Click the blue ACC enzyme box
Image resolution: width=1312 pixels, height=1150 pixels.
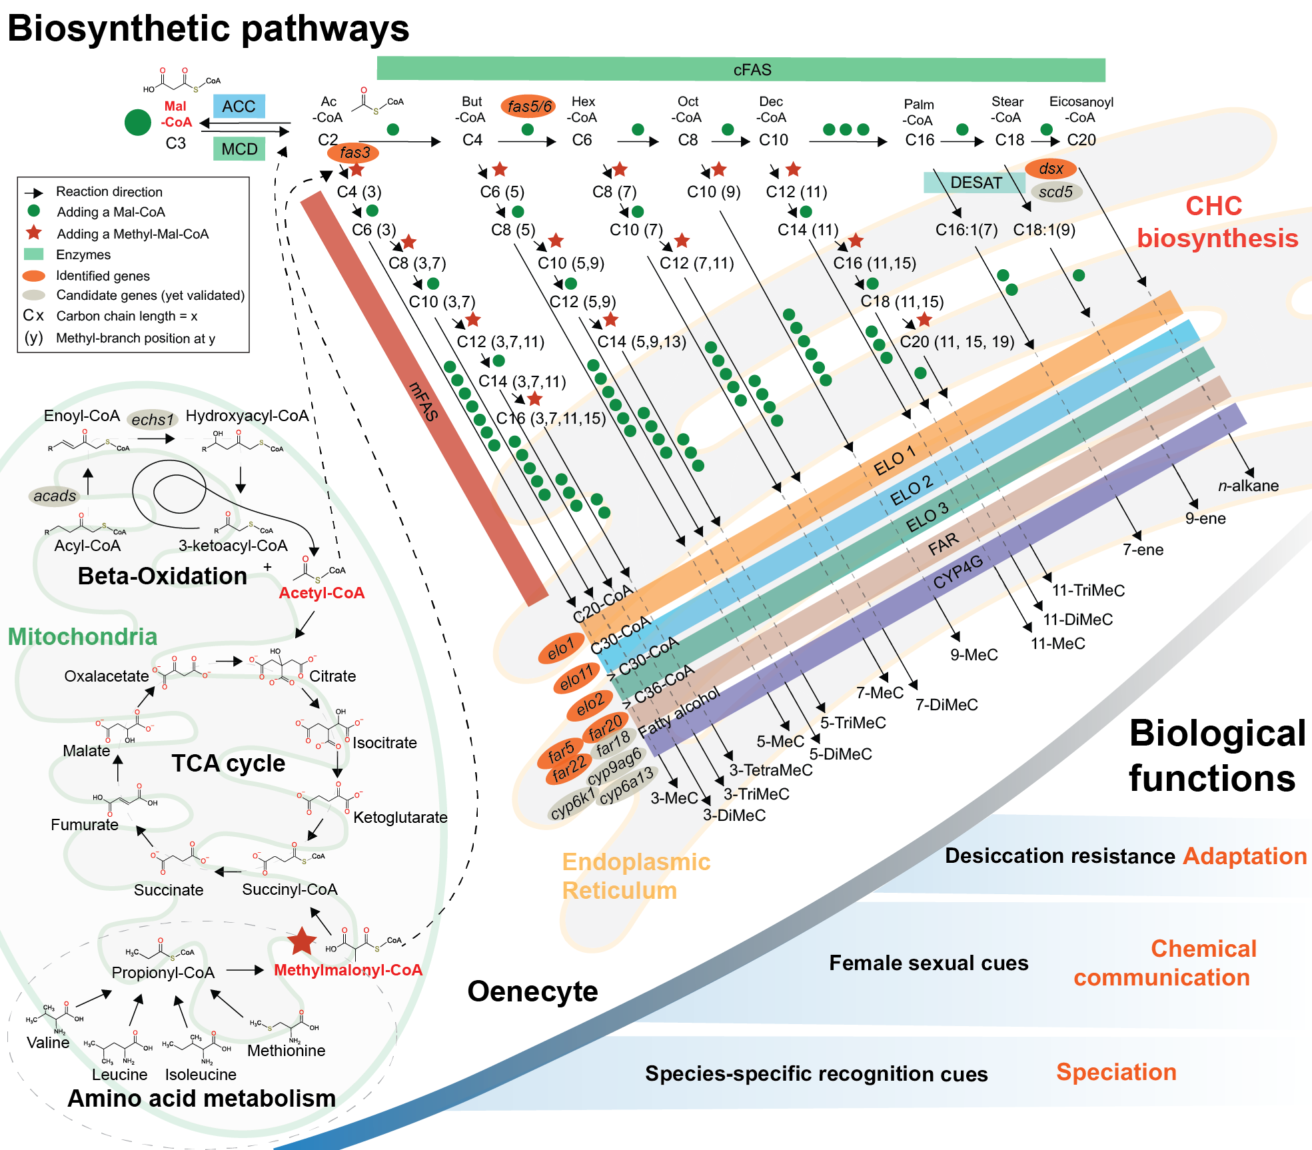tap(239, 107)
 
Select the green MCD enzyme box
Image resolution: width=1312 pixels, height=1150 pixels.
tap(239, 149)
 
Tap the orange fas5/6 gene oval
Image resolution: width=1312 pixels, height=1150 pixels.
tap(528, 106)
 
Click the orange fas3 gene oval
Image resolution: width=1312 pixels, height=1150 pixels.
tap(353, 153)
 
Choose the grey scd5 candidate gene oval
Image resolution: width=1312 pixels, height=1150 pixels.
tap(1055, 192)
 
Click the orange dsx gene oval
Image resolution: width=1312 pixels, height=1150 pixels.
tap(1050, 169)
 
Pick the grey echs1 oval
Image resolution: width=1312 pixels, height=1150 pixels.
tap(153, 419)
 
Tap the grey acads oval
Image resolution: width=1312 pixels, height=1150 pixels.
tap(55, 496)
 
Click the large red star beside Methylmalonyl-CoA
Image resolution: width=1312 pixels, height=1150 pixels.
tap(302, 941)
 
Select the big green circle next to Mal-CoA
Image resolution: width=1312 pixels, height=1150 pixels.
tap(138, 123)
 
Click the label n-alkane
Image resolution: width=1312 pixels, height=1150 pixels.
tap(1248, 486)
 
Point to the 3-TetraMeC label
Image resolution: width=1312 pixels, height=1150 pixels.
tap(770, 770)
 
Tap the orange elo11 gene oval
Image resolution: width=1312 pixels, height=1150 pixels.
tap(576, 678)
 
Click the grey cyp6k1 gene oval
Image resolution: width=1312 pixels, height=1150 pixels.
tap(572, 804)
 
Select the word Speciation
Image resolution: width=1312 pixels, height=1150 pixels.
tap(1116, 1072)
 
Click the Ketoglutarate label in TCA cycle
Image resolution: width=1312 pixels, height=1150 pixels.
tap(400, 818)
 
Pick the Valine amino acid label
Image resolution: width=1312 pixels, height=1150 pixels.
tap(48, 1043)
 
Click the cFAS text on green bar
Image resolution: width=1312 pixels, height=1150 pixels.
tap(752, 70)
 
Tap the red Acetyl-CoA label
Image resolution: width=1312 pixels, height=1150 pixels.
tap(321, 593)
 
